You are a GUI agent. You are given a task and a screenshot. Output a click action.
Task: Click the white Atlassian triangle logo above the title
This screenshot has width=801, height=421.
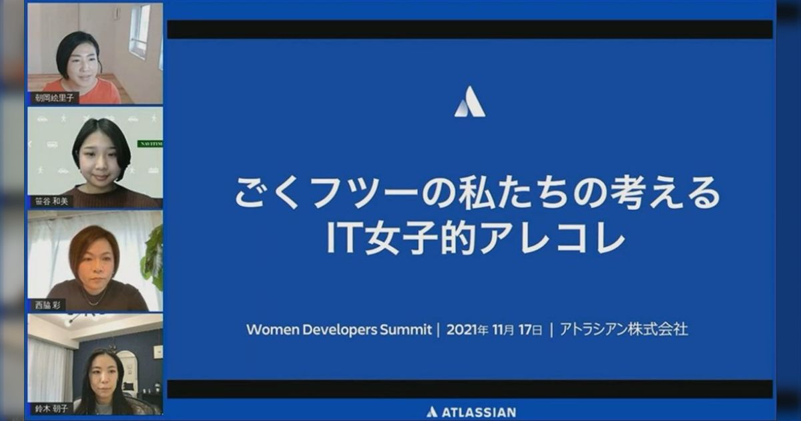click(x=470, y=102)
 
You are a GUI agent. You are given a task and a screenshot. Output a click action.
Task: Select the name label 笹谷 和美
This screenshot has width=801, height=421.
click(x=52, y=201)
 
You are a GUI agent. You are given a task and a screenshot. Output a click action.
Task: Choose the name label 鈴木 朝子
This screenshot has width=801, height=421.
click(x=51, y=408)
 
